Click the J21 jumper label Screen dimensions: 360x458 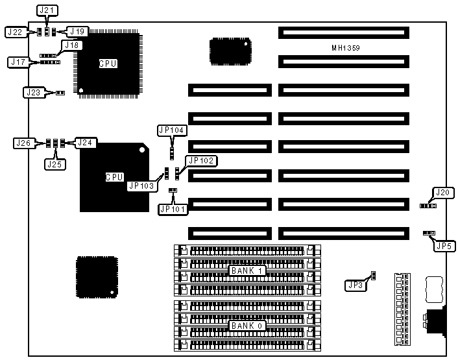(47, 10)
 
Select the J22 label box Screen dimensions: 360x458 (15, 32)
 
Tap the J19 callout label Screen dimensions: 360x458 (77, 31)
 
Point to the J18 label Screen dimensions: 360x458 (71, 45)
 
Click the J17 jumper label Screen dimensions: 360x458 (18, 62)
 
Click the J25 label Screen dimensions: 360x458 (54, 164)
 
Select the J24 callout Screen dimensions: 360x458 (85, 142)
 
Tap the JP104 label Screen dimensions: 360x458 (172, 130)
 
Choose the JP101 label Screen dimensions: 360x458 (173, 209)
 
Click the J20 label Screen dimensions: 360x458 (442, 192)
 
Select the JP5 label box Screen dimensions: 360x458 (442, 246)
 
